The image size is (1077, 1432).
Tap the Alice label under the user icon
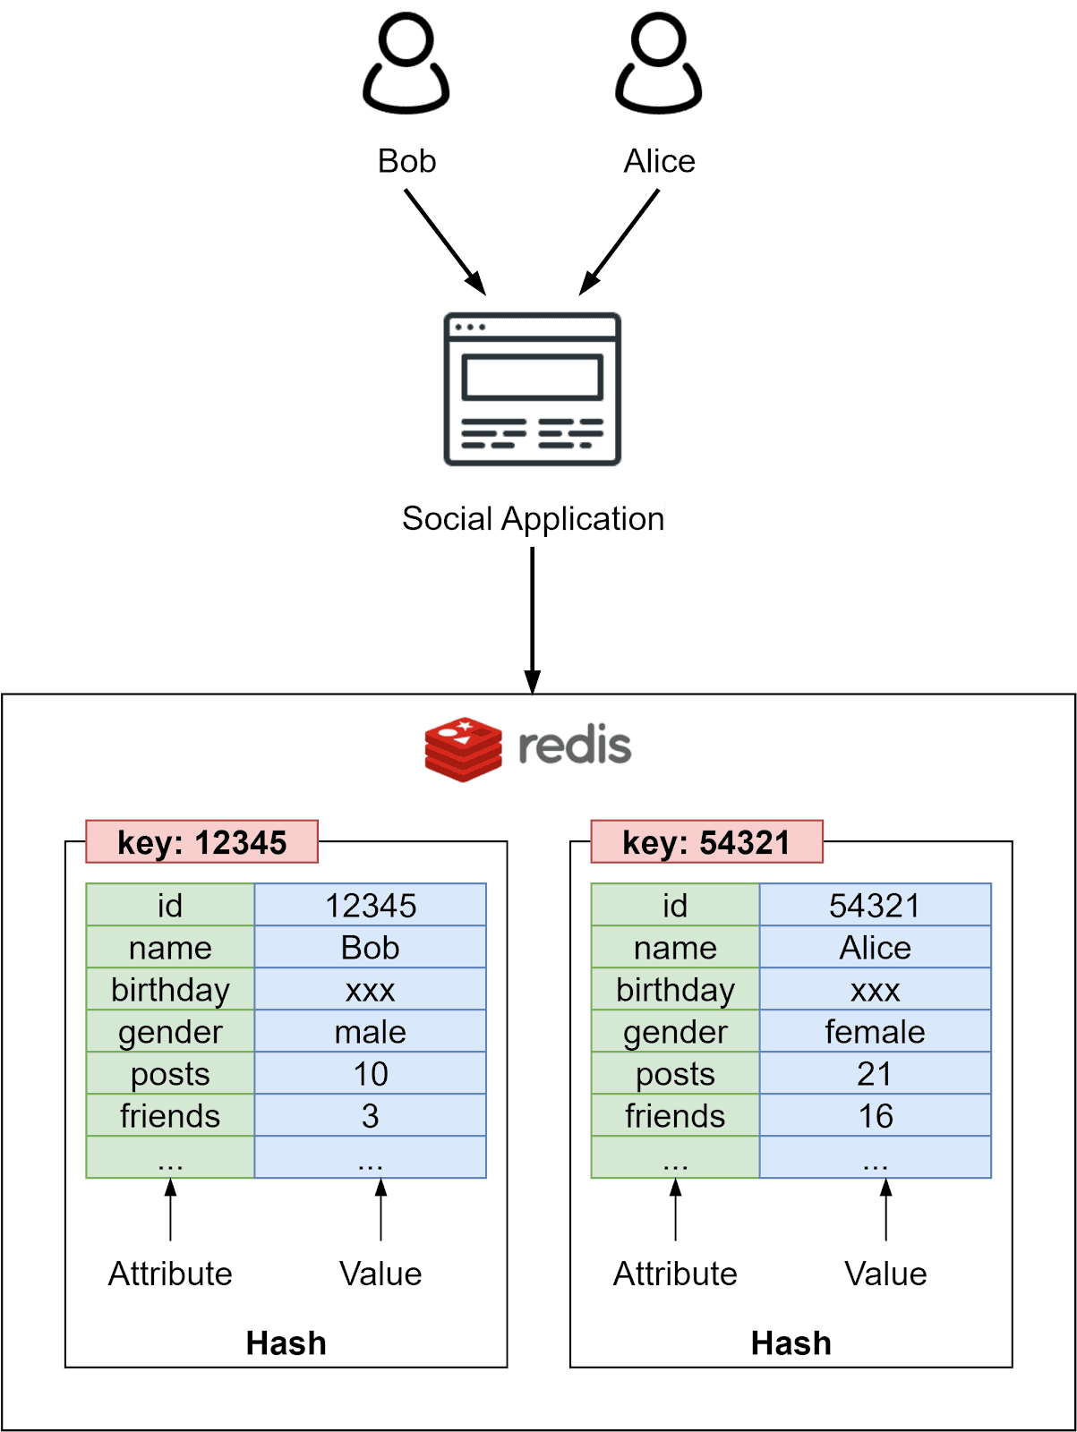pos(660,161)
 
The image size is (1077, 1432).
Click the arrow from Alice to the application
pos(620,242)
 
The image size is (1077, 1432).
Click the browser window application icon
pos(533,389)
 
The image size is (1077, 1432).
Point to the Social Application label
pos(533,519)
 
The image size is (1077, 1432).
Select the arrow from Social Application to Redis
pos(533,618)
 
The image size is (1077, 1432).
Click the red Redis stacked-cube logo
pos(463,749)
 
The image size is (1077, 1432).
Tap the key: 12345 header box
pos(202,842)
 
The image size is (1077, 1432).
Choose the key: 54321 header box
pos(706,842)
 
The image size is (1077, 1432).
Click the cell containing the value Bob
pos(370,948)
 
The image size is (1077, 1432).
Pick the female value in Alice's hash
pos(875,1032)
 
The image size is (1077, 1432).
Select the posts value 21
pos(875,1074)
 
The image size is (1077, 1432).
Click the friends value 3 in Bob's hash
pos(370,1116)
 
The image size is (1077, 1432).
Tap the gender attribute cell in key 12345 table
pos(170,1032)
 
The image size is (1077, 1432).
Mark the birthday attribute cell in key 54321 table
pos(675,990)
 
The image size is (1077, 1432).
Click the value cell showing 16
pos(875,1116)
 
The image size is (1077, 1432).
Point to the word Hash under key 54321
pos(791,1343)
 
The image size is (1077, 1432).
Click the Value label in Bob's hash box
pos(380,1274)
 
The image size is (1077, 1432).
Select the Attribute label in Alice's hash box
pos(675,1274)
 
